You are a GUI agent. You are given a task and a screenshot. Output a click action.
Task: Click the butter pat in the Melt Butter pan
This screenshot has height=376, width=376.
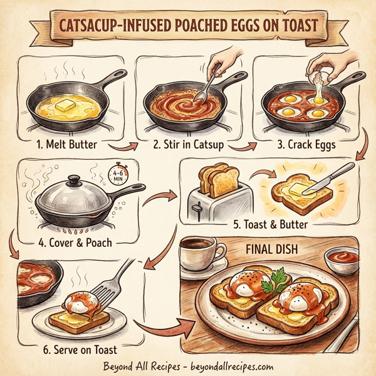64,107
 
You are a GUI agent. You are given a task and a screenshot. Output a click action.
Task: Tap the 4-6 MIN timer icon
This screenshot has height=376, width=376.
118,174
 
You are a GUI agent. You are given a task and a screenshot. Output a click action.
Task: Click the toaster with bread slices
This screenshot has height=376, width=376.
212,195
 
